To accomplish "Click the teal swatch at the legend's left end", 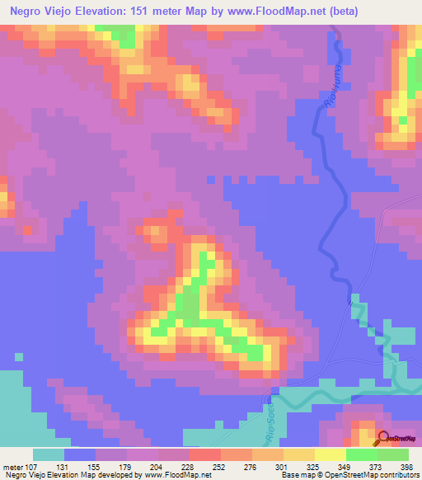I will [x=48, y=454].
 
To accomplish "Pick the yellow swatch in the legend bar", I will [x=330, y=454].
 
